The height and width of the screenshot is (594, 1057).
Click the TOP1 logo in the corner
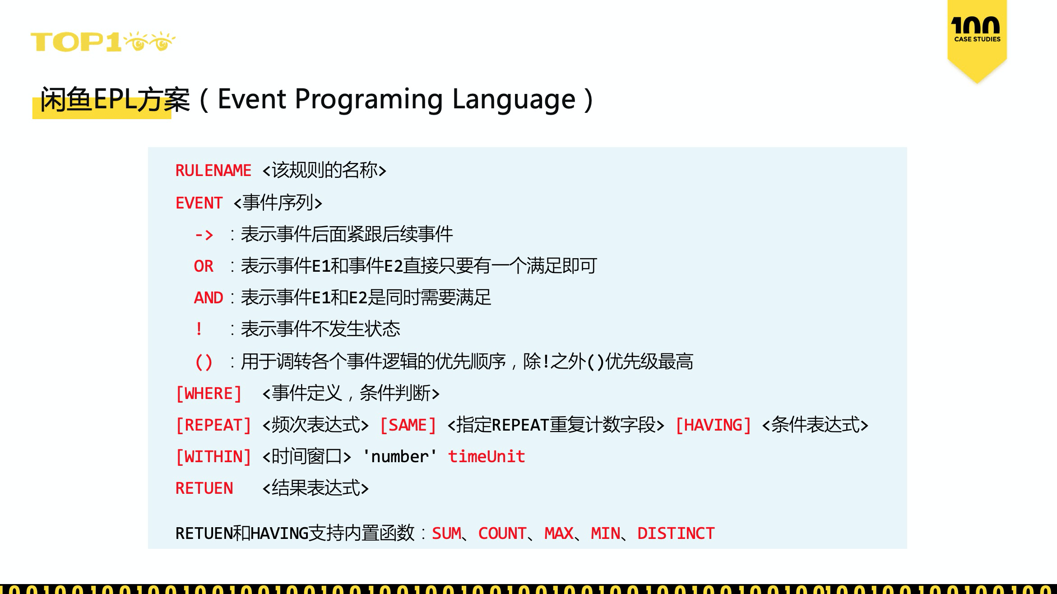(x=103, y=42)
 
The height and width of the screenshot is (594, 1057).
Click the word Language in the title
(x=514, y=100)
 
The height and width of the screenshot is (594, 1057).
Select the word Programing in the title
(x=368, y=100)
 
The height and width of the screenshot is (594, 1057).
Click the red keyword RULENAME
(x=213, y=171)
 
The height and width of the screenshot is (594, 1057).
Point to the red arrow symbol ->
(x=204, y=235)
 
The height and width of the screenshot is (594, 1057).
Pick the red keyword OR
(x=204, y=266)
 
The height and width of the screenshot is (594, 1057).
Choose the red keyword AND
(x=209, y=298)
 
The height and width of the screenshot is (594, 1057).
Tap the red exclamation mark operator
(x=199, y=329)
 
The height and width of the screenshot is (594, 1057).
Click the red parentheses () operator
(x=204, y=362)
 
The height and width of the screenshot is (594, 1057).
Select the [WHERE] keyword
(x=209, y=394)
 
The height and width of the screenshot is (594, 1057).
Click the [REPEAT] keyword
(x=213, y=425)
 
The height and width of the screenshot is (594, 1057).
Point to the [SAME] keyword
(x=408, y=425)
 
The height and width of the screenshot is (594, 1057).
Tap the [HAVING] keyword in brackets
(x=714, y=425)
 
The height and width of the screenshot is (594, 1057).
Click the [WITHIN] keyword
(x=213, y=457)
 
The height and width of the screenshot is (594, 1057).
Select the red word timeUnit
(x=487, y=457)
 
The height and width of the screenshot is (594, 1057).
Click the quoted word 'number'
(x=400, y=457)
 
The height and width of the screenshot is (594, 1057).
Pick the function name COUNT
(x=502, y=534)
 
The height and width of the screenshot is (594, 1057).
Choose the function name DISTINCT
(x=676, y=534)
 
